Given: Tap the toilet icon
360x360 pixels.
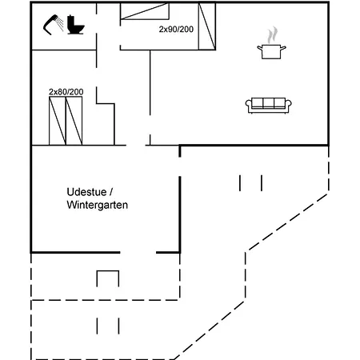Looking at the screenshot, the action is (76, 26).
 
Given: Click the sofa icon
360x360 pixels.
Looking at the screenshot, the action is (269, 106).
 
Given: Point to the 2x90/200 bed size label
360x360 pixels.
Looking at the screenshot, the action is (176, 29).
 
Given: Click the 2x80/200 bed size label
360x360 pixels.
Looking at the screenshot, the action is (66, 92).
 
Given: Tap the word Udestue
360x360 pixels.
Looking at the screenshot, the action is (87, 192).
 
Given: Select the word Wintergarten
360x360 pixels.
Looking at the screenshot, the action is (98, 205).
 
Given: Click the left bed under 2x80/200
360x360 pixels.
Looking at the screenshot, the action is (58, 121).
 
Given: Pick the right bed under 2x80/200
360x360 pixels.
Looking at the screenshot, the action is (74, 121).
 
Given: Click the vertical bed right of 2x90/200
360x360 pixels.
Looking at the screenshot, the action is (207, 26).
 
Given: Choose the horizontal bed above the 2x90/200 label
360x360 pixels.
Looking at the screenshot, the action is (145, 11).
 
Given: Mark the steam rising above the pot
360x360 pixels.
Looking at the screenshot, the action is (273, 34).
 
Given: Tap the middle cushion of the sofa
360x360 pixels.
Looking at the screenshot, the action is (269, 103).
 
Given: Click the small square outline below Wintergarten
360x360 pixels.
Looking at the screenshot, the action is (108, 278).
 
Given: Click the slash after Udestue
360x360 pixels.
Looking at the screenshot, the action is (111, 192).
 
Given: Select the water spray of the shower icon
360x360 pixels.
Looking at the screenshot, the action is (60, 24).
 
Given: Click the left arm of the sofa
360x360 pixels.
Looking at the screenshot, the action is (248, 106).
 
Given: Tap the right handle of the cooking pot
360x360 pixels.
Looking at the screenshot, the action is (283, 48).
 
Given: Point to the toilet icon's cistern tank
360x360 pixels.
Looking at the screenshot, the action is (70, 20).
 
